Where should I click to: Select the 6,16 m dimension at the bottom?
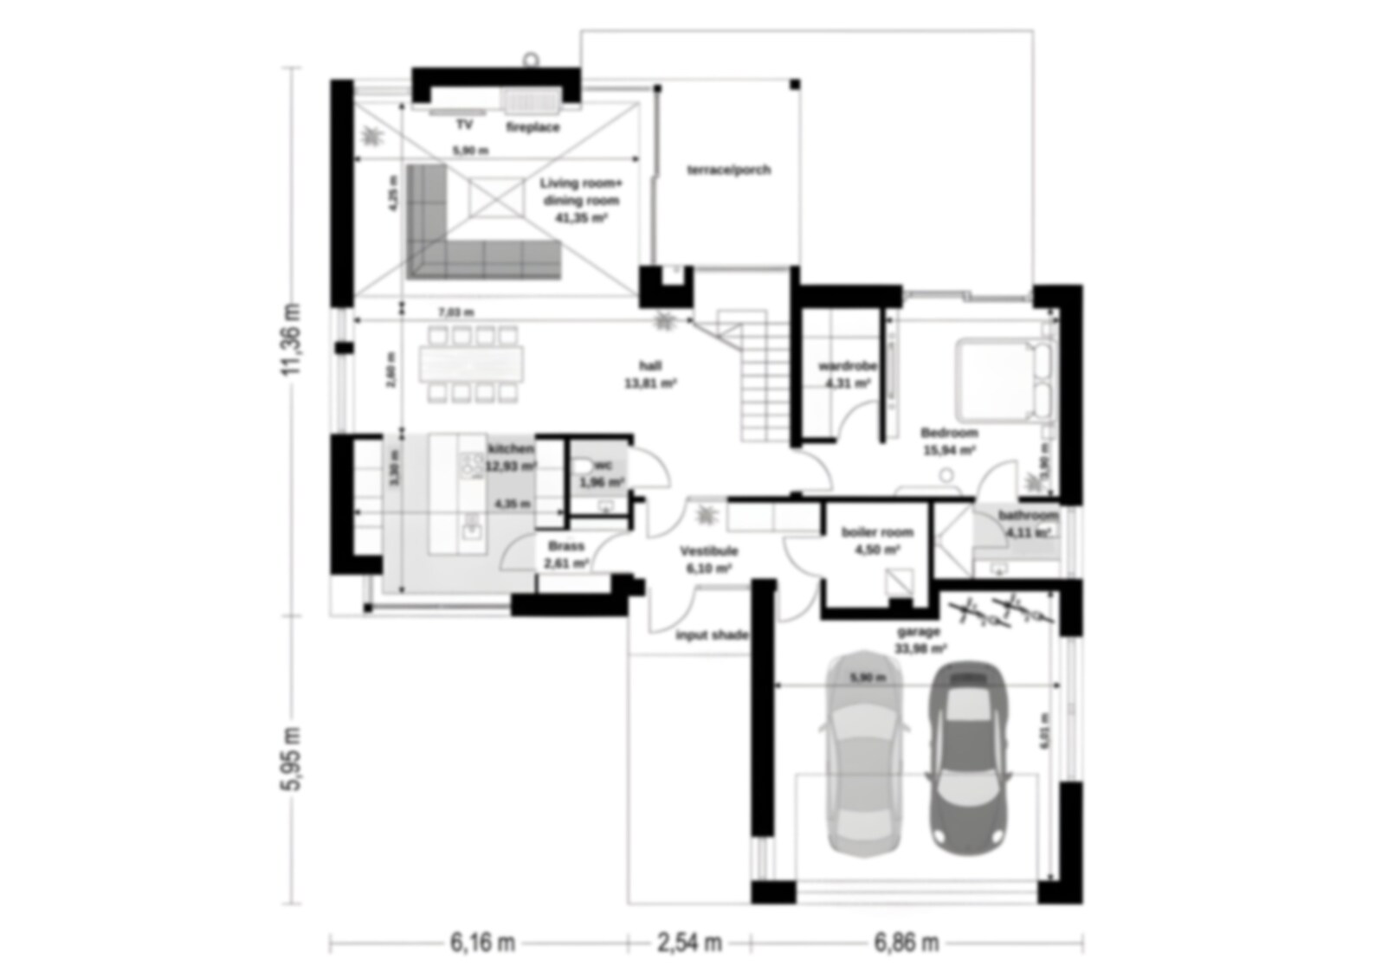(481, 943)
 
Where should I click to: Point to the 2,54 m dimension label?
(689, 943)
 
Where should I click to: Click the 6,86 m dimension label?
(907, 943)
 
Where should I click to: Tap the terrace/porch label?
(728, 170)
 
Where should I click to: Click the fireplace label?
(533, 127)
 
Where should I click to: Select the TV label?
(465, 125)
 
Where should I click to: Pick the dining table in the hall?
(472, 364)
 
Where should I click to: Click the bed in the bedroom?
(1004, 381)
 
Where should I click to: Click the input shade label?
(711, 635)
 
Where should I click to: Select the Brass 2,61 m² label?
(566, 555)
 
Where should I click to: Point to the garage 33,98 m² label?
(920, 640)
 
